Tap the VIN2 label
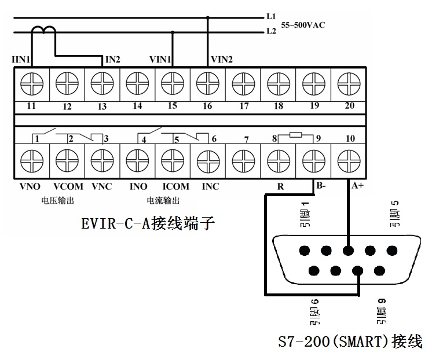point(222,59)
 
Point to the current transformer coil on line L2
point(43,31)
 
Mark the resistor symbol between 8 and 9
point(295,135)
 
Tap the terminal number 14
point(137,106)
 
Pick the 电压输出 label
point(58,201)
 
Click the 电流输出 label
point(163,201)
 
